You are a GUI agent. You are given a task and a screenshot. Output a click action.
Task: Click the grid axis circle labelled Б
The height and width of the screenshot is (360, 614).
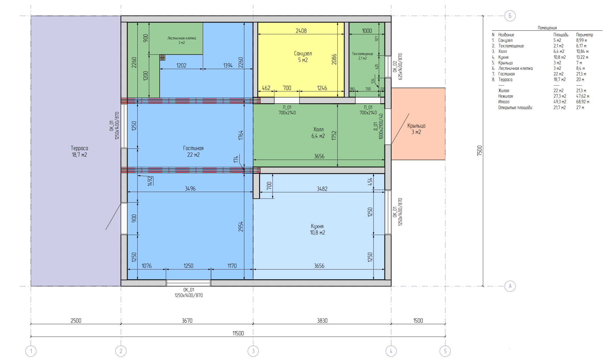tap(510, 16)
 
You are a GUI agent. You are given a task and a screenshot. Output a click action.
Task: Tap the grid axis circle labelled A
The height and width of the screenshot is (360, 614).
tap(510, 286)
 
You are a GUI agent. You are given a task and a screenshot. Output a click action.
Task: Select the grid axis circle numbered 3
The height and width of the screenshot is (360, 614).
tap(253, 351)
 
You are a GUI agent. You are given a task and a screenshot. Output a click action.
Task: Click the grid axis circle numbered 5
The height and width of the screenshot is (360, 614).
tap(445, 351)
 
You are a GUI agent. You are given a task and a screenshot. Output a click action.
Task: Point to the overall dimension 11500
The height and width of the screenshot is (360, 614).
tap(238, 333)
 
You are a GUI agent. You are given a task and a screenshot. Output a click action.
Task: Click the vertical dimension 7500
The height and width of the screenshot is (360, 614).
tap(479, 151)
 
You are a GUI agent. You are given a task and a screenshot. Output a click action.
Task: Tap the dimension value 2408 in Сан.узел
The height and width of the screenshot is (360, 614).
tap(301, 31)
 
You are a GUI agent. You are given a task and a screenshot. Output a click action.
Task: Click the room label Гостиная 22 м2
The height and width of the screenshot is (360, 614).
tap(193, 151)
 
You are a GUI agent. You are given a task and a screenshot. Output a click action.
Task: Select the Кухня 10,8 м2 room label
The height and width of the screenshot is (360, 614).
tap(317, 229)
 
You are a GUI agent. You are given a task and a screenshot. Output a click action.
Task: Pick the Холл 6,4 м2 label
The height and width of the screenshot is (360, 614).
tap(318, 133)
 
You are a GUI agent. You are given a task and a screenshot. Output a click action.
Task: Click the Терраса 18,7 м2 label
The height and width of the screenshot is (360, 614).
tap(79, 151)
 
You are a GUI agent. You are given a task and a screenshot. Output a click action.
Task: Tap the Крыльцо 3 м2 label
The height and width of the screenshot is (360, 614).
tap(416, 129)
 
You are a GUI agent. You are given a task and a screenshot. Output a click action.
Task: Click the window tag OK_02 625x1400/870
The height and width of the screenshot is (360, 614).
tap(397, 67)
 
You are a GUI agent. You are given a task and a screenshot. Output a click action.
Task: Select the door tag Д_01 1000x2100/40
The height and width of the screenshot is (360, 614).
tap(378, 126)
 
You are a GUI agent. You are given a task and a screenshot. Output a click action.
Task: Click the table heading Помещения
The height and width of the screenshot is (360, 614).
tap(547, 28)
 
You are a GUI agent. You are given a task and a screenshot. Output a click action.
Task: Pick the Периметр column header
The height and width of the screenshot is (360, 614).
tap(585, 35)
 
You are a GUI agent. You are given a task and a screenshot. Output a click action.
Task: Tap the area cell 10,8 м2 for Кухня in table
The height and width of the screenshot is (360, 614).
tap(559, 57)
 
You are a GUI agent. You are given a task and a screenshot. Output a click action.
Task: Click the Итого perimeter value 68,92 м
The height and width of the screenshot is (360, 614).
tap(582, 102)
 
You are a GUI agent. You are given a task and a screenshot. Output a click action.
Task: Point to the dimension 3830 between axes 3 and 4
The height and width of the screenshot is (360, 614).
tap(322, 321)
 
